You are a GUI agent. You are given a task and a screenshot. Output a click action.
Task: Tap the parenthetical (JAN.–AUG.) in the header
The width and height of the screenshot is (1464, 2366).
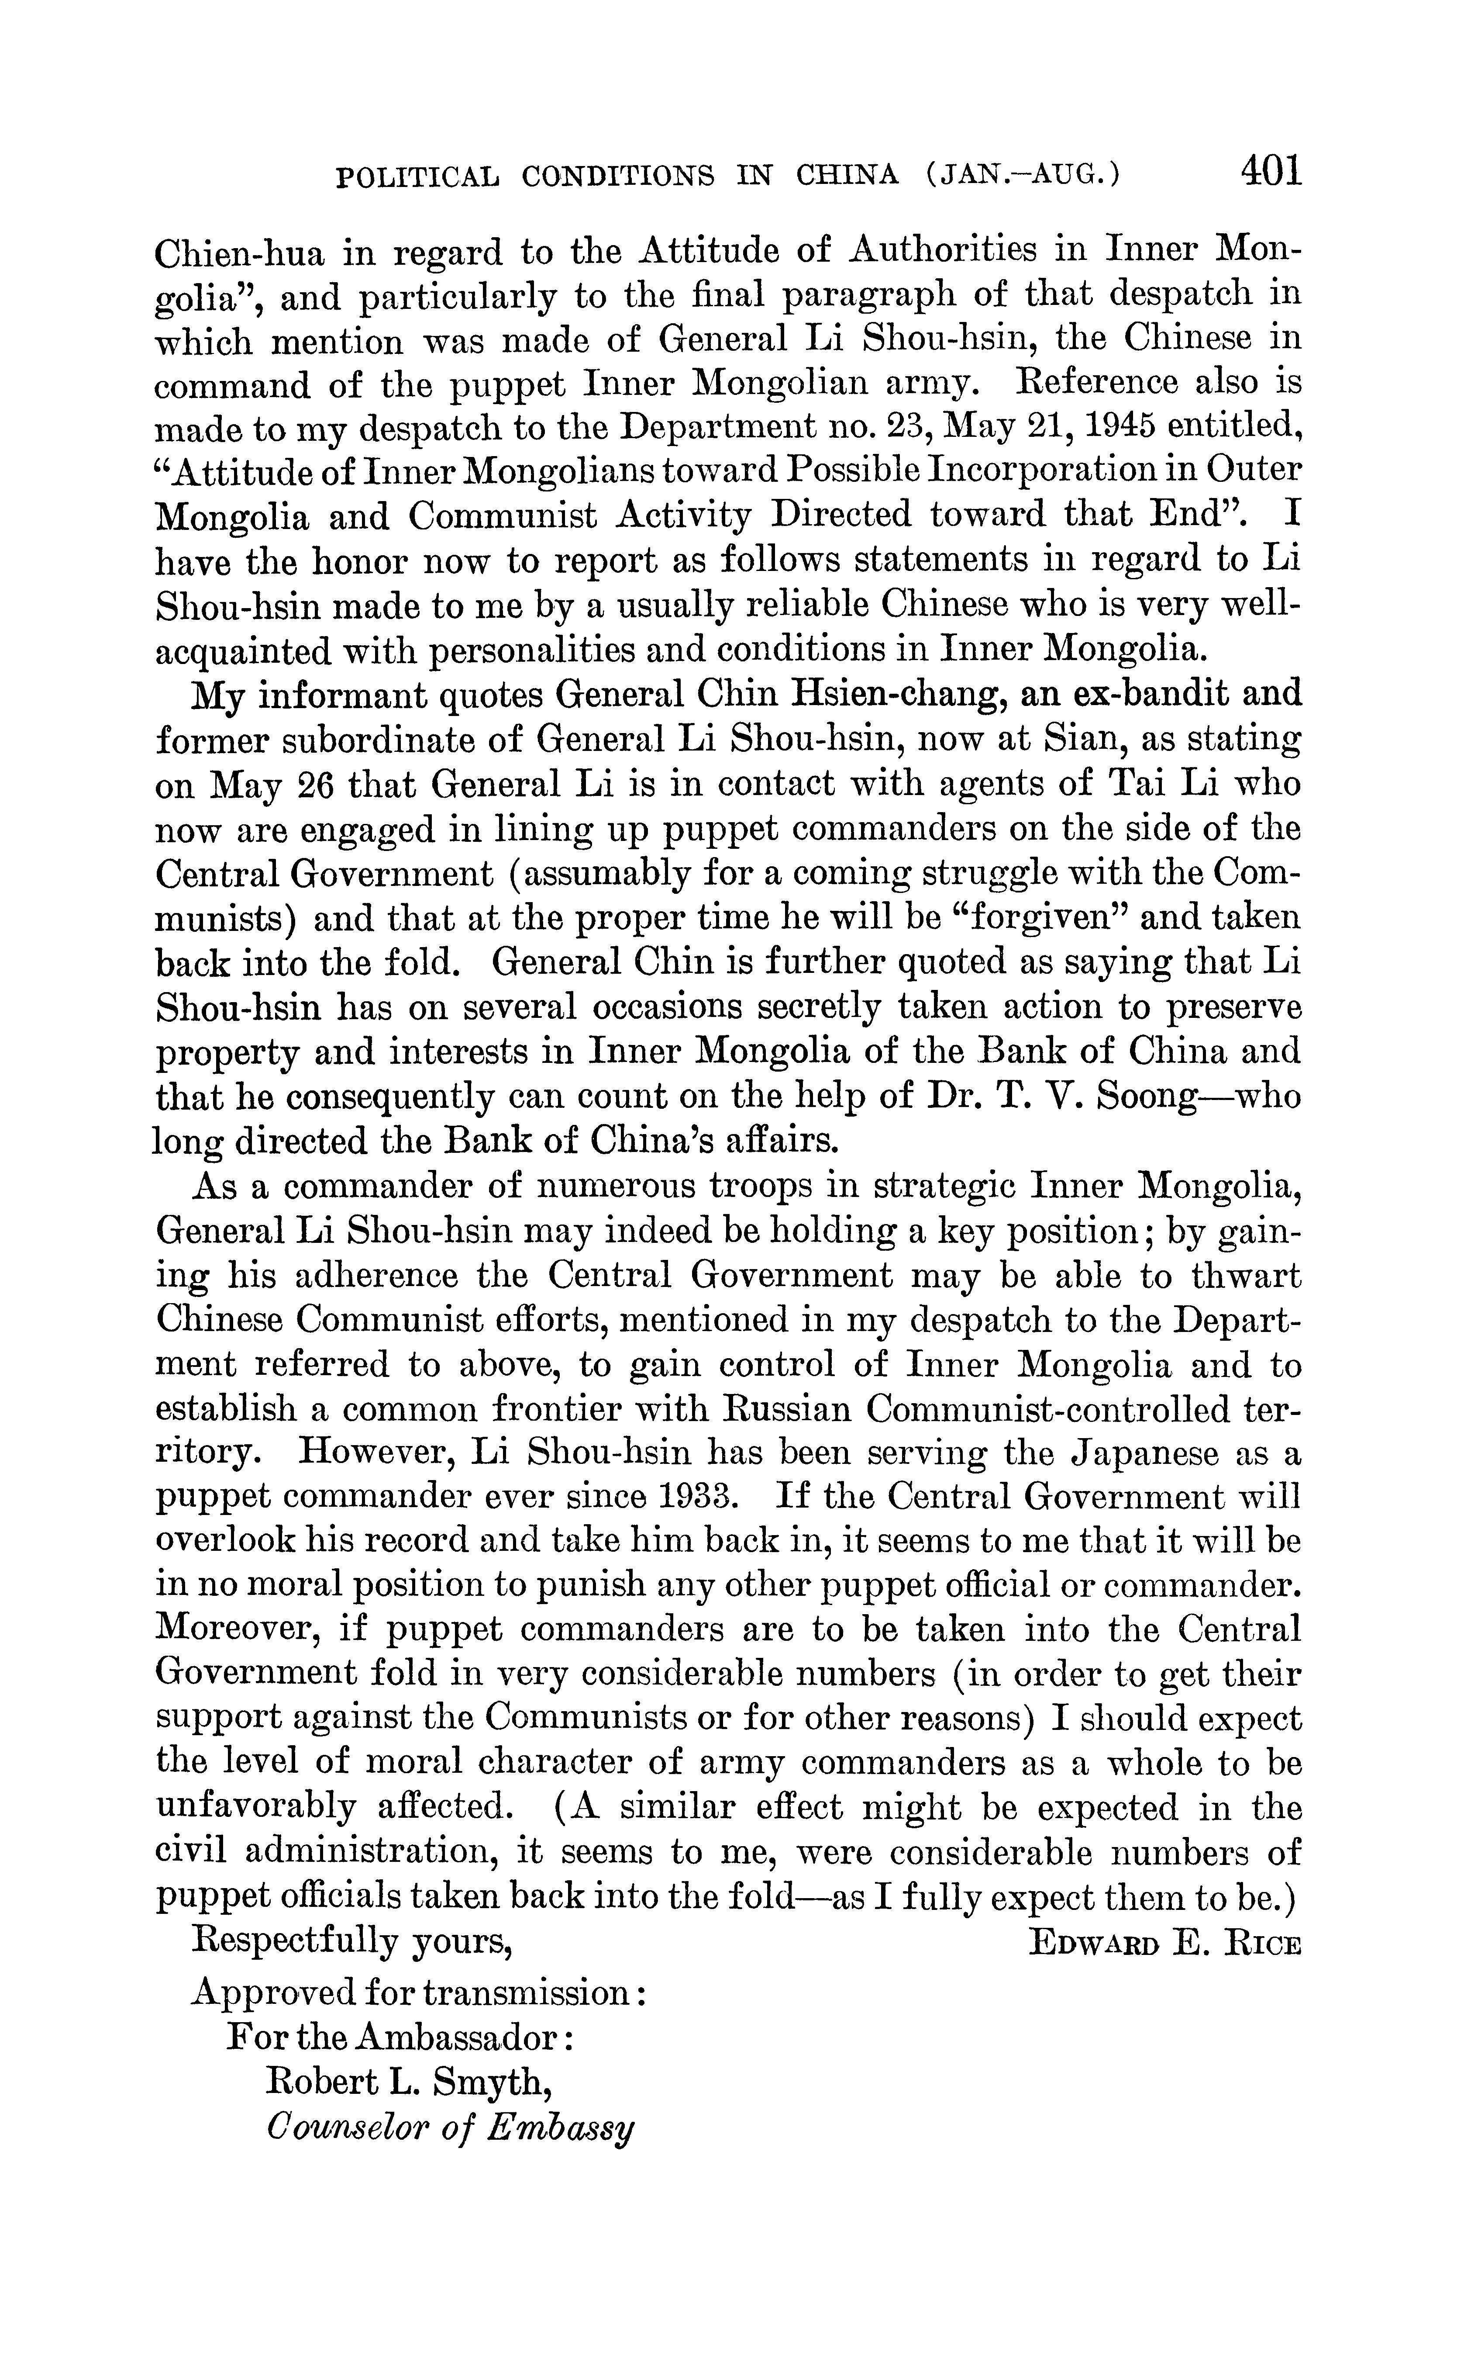point(1023,175)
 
